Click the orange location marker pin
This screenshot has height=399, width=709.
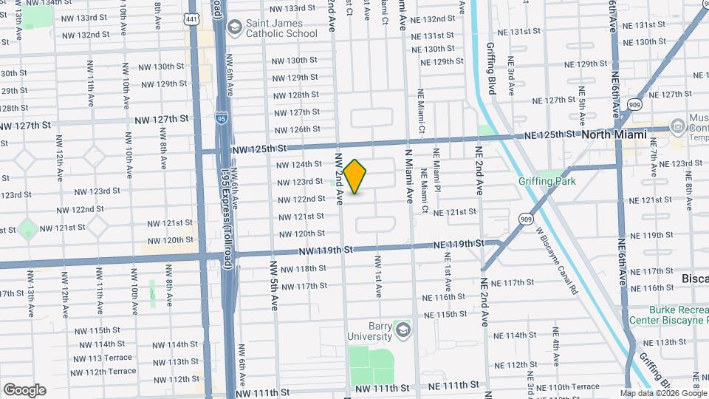point(355,177)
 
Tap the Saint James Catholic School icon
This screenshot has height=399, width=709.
point(235,28)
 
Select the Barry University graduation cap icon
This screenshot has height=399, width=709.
point(403,327)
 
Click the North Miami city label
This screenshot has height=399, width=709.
point(614,134)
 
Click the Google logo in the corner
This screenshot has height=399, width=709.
point(24,389)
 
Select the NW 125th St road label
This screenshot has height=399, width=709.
point(257,149)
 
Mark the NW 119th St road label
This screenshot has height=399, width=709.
point(325,251)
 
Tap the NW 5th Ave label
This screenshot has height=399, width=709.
point(273,284)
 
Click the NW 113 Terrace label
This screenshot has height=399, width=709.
point(101,358)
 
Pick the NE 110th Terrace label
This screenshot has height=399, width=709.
point(574,386)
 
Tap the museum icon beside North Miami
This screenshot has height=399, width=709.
point(677,127)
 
